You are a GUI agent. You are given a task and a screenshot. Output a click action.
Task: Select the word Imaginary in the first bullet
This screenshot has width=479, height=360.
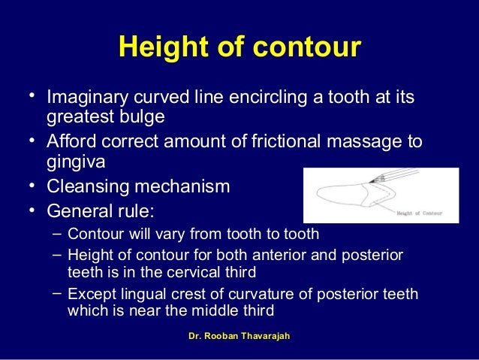85,98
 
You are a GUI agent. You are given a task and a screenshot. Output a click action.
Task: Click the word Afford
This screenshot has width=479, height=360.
71,141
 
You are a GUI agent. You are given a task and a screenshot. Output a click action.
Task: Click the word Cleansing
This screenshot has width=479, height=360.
86,185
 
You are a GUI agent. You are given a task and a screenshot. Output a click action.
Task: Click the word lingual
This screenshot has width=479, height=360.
141,294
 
